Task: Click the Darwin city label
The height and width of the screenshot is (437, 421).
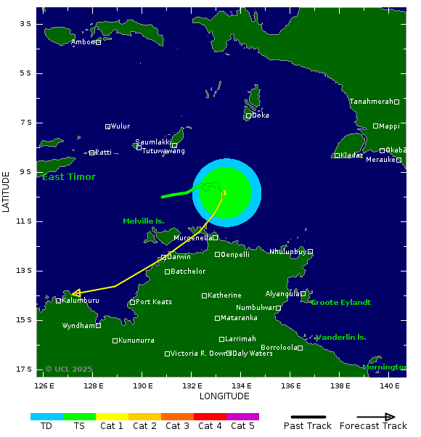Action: [179, 257]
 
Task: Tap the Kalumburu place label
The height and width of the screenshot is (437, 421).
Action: [81, 301]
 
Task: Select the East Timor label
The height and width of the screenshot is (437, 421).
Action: [69, 177]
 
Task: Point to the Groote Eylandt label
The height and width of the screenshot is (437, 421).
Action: [340, 303]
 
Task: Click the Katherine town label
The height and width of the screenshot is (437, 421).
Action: [224, 295]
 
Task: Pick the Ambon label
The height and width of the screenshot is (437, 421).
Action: [83, 42]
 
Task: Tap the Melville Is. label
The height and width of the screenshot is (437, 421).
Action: [144, 221]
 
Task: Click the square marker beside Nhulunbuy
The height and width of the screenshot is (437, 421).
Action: [310, 252]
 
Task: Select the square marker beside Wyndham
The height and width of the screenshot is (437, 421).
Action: [99, 326]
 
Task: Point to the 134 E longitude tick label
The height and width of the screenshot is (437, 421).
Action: [241, 385]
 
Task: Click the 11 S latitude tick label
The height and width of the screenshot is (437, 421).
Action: [25, 221]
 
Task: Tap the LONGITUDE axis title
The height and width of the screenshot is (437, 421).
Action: [224, 396]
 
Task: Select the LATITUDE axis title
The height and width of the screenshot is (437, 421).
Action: [7, 192]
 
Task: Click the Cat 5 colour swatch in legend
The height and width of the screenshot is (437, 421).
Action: [242, 417]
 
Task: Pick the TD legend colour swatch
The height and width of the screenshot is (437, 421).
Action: [46, 417]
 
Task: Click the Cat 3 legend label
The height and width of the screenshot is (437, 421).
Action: [176, 426]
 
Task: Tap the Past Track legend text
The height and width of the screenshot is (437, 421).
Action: [308, 426]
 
